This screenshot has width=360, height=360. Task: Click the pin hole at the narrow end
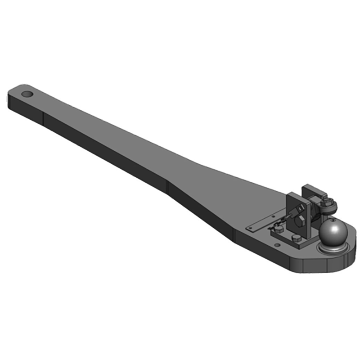coord(27,95)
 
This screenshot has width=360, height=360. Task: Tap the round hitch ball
coord(333,232)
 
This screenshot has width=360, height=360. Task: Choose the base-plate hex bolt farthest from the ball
coord(278,229)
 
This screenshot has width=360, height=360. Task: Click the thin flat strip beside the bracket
coord(261,224)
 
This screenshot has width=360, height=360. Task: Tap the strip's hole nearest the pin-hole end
coord(250,228)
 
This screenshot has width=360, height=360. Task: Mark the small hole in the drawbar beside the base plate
coord(278,245)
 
